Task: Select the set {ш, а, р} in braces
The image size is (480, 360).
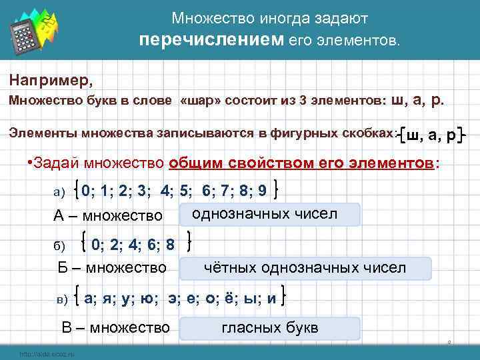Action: click(433, 135)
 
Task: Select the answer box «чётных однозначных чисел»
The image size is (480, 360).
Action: click(304, 268)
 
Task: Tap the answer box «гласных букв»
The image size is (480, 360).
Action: click(269, 328)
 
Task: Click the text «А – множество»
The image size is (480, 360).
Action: click(107, 216)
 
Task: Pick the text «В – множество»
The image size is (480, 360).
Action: click(115, 327)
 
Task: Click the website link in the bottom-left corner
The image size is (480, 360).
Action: click(46, 353)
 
